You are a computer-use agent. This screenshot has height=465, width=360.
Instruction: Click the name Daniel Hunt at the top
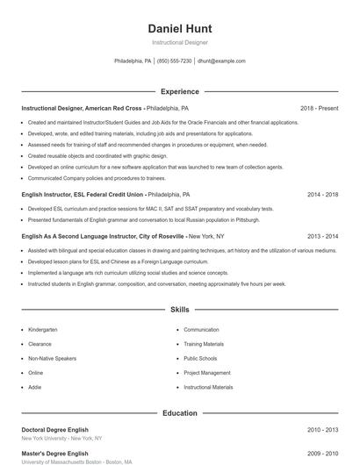(180, 29)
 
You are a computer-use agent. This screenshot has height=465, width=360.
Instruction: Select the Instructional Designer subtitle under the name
(180, 42)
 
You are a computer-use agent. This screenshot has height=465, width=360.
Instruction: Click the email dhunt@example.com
(221, 61)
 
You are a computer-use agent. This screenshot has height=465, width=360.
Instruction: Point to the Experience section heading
(180, 91)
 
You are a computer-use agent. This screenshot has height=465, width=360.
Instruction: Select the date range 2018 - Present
(319, 108)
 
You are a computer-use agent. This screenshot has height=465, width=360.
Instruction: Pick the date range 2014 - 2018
(322, 194)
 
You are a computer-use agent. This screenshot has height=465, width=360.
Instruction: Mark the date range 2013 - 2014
(322, 236)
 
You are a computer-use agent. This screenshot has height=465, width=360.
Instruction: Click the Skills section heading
(180, 310)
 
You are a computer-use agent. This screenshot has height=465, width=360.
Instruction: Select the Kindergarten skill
(42, 330)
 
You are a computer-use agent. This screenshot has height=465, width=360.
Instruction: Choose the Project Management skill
(207, 372)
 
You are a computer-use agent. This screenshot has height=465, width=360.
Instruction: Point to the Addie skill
(35, 386)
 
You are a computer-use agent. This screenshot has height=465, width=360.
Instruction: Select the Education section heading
(180, 412)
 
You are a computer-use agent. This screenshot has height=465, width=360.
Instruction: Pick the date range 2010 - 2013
(322, 430)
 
